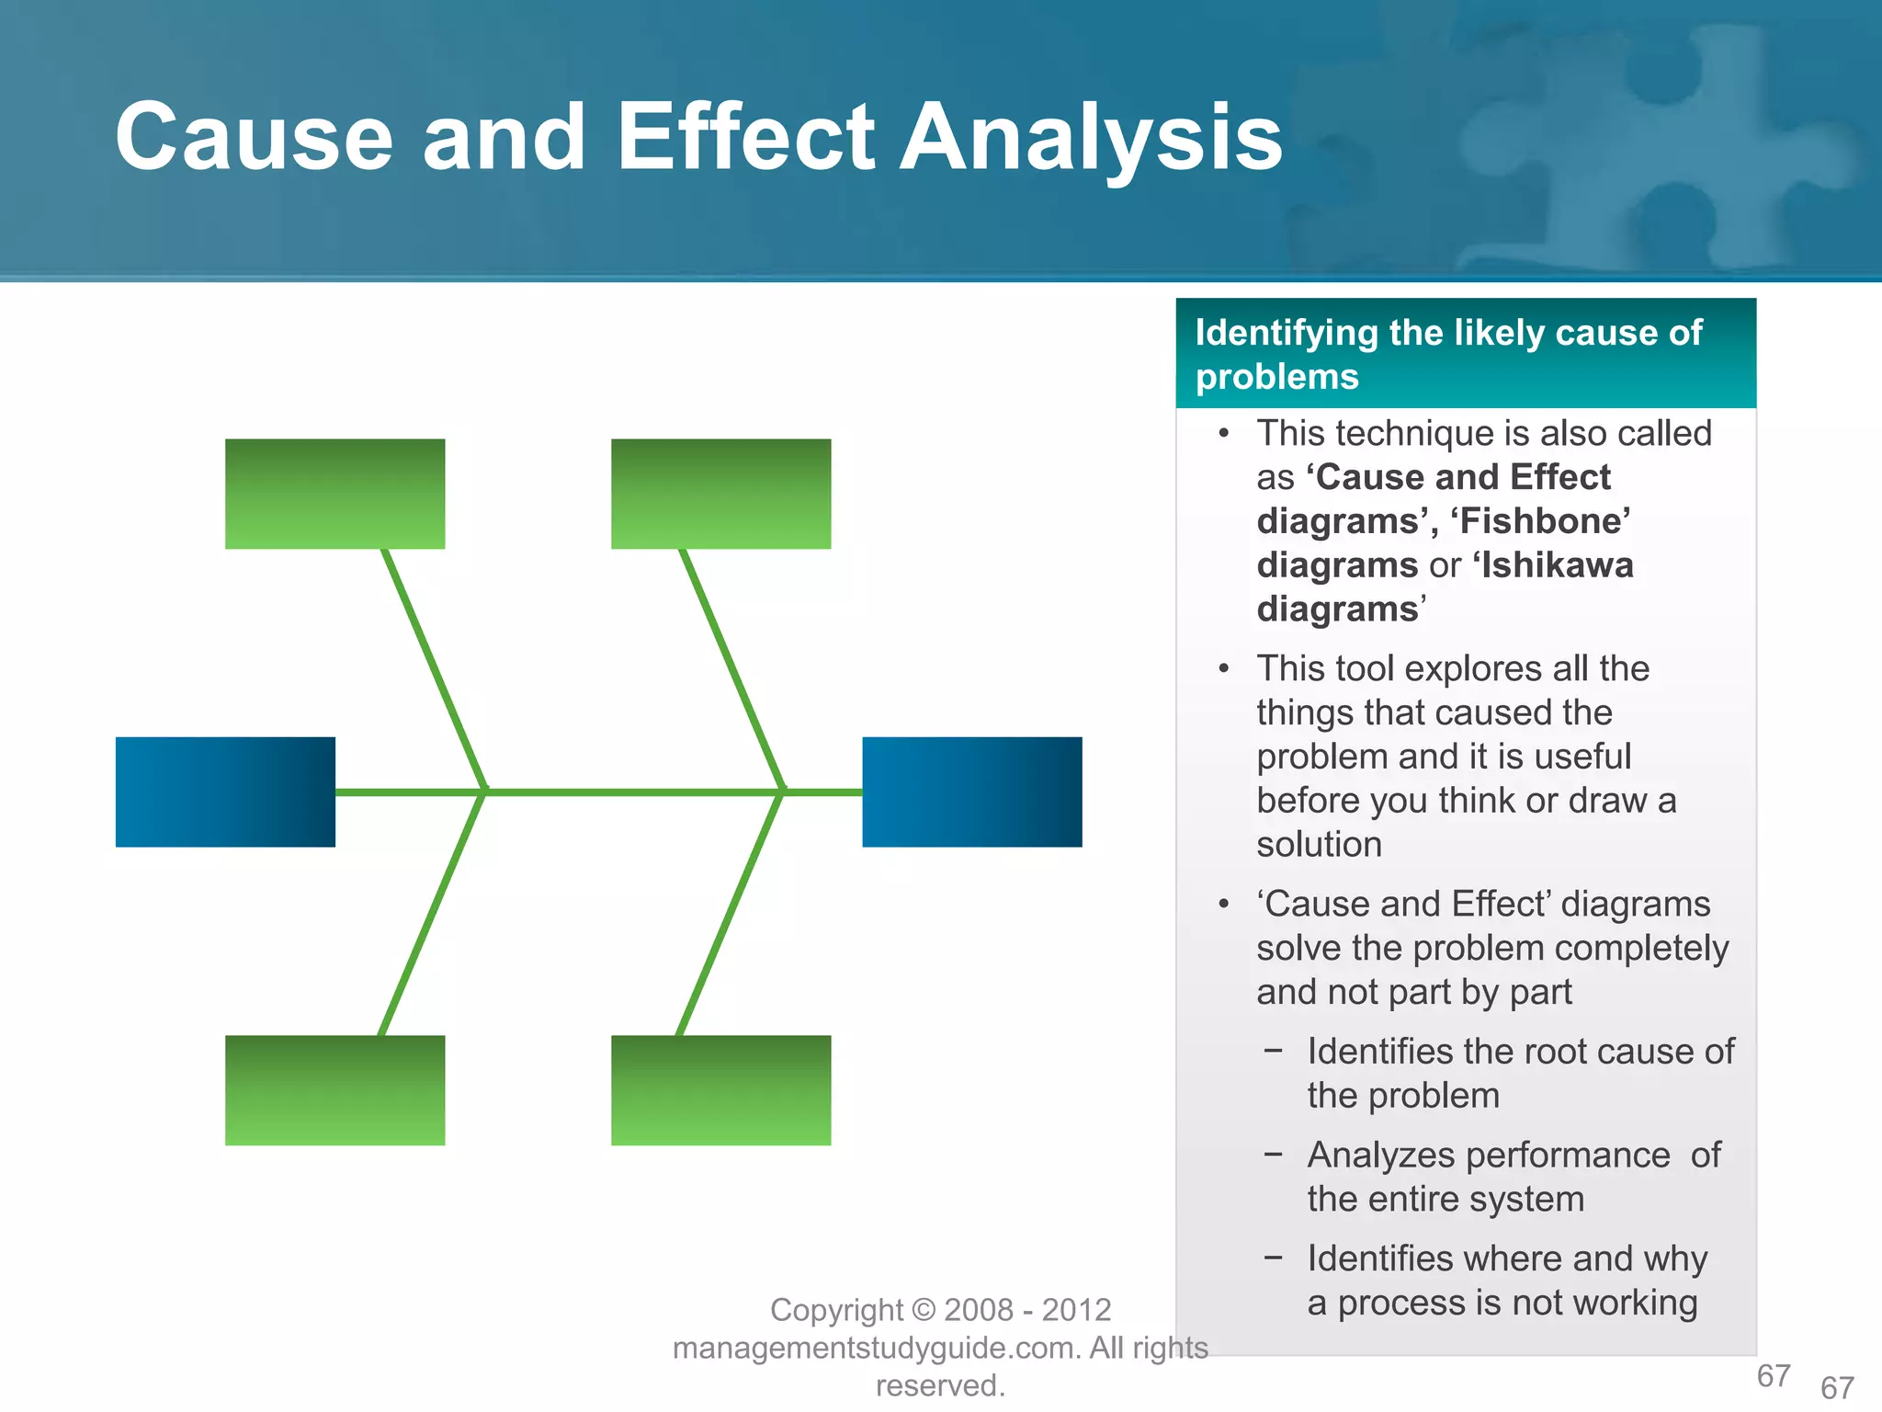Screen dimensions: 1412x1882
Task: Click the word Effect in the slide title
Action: (745, 138)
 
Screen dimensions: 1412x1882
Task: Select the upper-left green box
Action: (334, 494)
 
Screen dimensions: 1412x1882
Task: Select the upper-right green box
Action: (720, 494)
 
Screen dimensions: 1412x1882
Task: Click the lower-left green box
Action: (334, 1090)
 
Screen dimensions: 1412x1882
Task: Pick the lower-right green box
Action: (720, 1090)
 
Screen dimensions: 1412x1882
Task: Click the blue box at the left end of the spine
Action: (225, 791)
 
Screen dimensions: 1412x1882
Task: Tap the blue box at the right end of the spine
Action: (971, 791)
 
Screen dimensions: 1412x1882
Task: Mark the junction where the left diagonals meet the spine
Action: (484, 791)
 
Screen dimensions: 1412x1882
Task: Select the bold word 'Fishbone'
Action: (1540, 521)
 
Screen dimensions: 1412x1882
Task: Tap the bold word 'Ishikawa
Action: (1553, 565)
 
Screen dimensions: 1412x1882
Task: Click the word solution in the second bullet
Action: (1319, 845)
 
